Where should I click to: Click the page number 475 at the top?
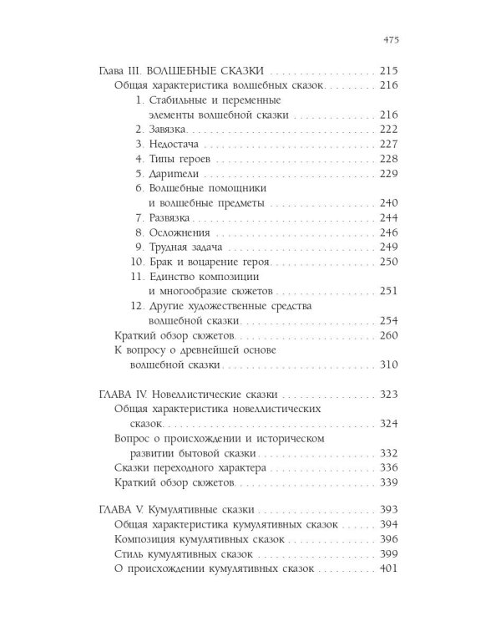[x=388, y=38]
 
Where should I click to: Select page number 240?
[x=388, y=203]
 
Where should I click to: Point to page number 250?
[x=388, y=263]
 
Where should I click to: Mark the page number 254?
[x=388, y=321]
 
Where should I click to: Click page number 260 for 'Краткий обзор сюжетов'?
[x=388, y=336]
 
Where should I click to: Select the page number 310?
[x=388, y=365]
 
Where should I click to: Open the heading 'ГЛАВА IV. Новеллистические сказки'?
[x=189, y=395]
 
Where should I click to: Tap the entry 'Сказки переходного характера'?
[x=188, y=468]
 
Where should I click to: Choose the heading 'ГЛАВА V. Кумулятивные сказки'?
[x=177, y=510]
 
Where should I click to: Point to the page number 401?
[x=388, y=569]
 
